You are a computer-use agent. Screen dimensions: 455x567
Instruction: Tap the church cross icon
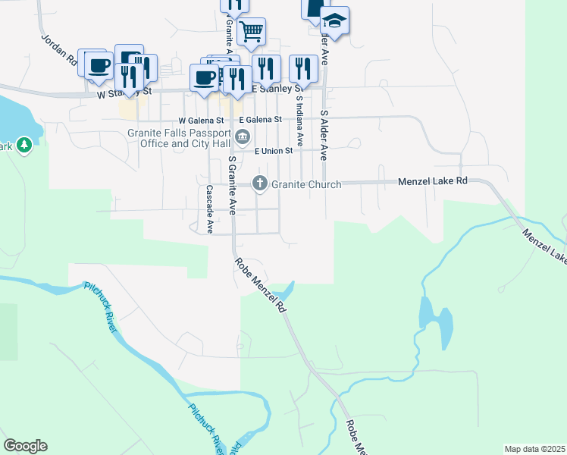coord(259,183)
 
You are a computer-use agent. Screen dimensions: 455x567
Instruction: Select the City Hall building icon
coord(243,137)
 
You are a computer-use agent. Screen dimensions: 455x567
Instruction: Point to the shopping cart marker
coord(251,32)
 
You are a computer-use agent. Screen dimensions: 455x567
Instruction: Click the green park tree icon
coord(24,144)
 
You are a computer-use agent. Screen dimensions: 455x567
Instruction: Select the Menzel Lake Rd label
coord(433,182)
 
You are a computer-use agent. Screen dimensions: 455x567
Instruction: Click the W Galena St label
coord(201,121)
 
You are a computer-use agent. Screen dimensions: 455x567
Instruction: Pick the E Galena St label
coord(260,120)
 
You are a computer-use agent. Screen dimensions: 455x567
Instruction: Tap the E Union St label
coord(274,152)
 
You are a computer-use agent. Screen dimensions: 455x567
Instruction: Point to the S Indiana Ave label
coord(300,121)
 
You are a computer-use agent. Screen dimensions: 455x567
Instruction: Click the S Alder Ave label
coord(324,135)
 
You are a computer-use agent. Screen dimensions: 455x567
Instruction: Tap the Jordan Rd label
coord(58,48)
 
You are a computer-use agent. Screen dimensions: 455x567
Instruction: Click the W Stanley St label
coord(125,93)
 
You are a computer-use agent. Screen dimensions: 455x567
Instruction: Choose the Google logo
coord(25,446)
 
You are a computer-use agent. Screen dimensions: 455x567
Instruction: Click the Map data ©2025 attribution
coord(534,449)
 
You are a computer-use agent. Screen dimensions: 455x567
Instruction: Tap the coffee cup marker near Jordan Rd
coord(98,65)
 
